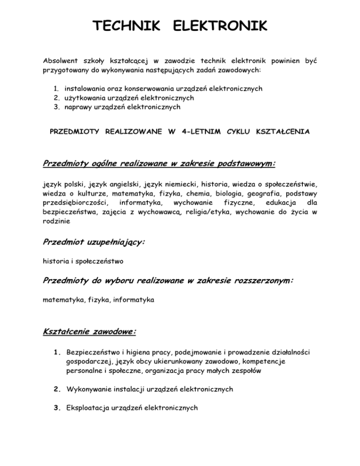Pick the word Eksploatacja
[x=88, y=407]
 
